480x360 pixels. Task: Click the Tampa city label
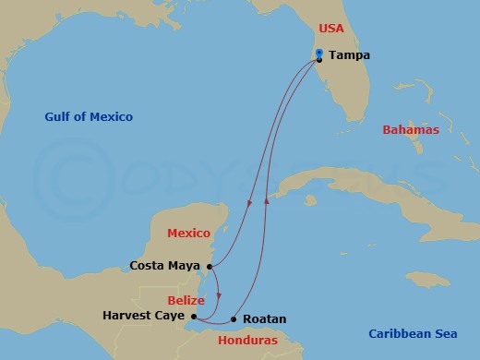349,55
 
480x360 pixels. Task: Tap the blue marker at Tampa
318,53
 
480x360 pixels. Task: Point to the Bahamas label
411,130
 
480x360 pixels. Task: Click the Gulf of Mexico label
89,116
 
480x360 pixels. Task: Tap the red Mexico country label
188,233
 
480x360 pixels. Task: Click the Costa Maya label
166,267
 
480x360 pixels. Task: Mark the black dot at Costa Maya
211,267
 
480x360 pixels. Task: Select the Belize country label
186,301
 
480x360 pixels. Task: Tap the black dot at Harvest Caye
193,317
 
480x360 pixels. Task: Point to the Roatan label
264,319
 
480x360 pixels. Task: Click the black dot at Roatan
233,319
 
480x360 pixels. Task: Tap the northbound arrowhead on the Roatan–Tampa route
266,198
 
